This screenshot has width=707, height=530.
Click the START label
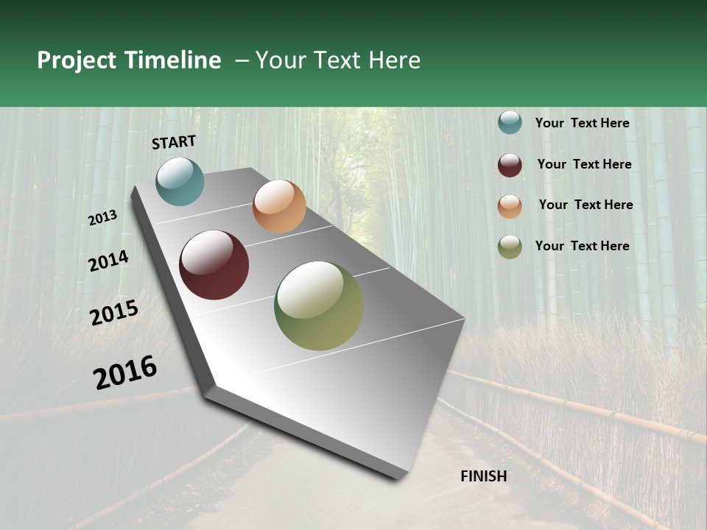(x=174, y=142)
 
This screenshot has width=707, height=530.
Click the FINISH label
(x=484, y=476)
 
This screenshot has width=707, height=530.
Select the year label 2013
(x=103, y=218)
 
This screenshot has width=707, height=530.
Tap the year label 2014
(x=108, y=261)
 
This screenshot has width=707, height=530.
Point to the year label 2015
(x=114, y=313)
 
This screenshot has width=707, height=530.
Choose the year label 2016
(x=125, y=372)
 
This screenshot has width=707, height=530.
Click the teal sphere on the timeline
(x=180, y=181)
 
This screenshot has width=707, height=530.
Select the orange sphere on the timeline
(x=279, y=206)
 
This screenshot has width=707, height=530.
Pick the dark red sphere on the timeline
(x=214, y=265)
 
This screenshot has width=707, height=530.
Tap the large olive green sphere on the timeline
(x=319, y=305)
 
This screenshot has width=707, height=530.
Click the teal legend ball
(x=510, y=122)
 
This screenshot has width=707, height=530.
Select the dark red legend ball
(x=510, y=165)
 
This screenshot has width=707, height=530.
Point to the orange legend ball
(x=510, y=206)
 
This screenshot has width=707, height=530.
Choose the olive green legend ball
(x=510, y=247)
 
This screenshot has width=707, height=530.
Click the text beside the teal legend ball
(x=582, y=123)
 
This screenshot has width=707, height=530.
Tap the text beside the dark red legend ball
(x=584, y=164)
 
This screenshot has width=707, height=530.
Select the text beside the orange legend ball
(x=585, y=205)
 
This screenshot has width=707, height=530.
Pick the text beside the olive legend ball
(x=582, y=246)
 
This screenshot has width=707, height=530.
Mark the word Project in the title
(x=77, y=60)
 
